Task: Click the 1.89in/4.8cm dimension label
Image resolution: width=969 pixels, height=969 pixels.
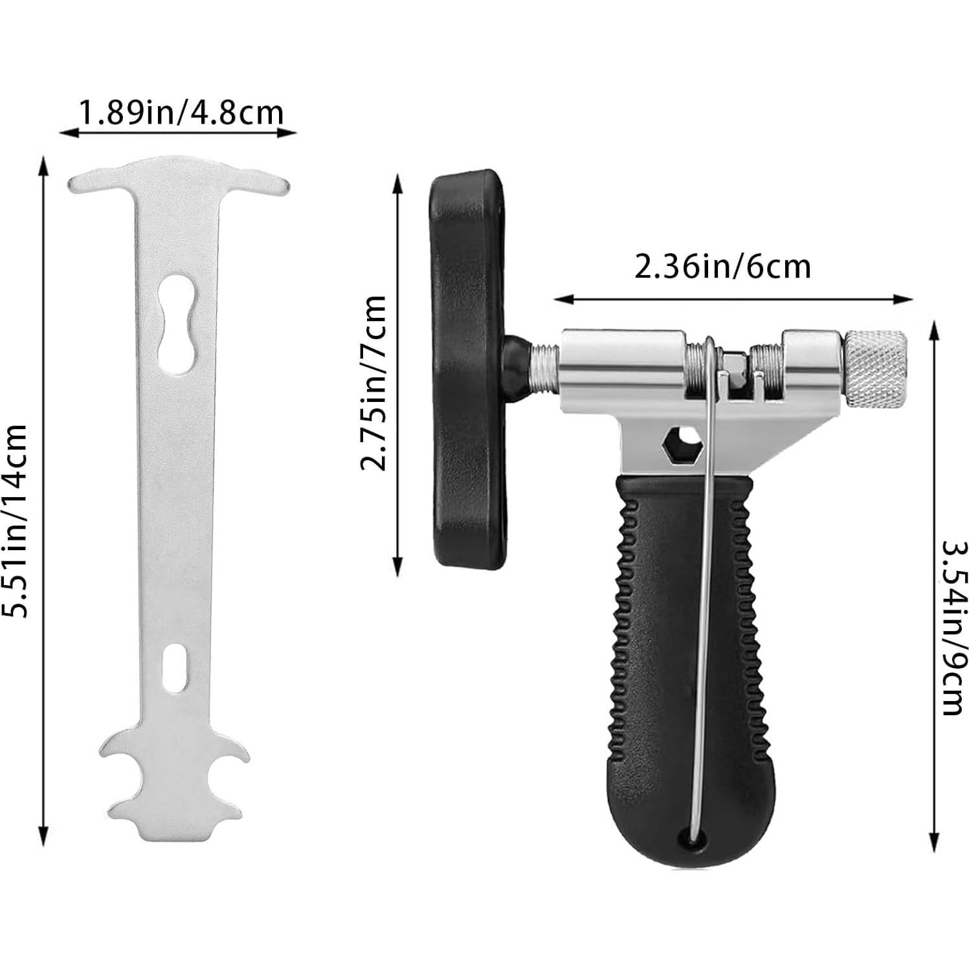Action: click(x=181, y=113)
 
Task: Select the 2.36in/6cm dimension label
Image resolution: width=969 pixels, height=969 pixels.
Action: click(x=722, y=267)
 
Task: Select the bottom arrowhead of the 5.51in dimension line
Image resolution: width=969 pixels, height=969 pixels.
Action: click(x=43, y=834)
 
